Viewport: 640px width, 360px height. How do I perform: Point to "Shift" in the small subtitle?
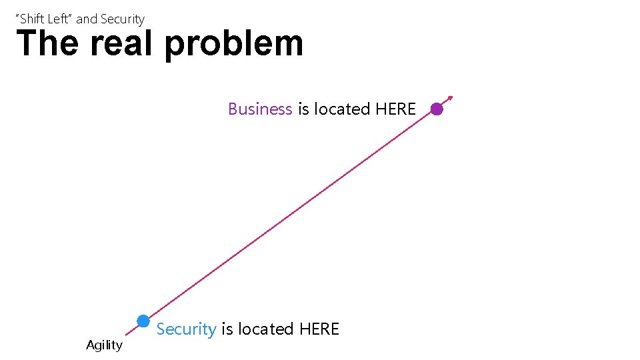click(x=33, y=19)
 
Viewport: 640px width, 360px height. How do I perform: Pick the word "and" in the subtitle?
click(x=87, y=19)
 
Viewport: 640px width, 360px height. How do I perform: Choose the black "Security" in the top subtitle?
click(x=122, y=19)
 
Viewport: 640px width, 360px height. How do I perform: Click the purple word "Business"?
click(x=260, y=109)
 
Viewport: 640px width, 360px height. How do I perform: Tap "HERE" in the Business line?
click(x=396, y=109)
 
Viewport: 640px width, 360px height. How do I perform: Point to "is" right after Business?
click(x=303, y=109)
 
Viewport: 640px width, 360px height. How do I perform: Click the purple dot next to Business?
click(x=437, y=109)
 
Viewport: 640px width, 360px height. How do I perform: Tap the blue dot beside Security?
click(x=143, y=321)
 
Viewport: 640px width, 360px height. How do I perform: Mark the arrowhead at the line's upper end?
click(x=450, y=97)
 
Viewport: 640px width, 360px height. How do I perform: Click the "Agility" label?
click(x=104, y=345)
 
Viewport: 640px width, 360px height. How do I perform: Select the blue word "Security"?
click(x=186, y=329)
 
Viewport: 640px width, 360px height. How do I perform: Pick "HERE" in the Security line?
click(x=319, y=329)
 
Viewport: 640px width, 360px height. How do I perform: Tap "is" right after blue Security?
click(x=227, y=329)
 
